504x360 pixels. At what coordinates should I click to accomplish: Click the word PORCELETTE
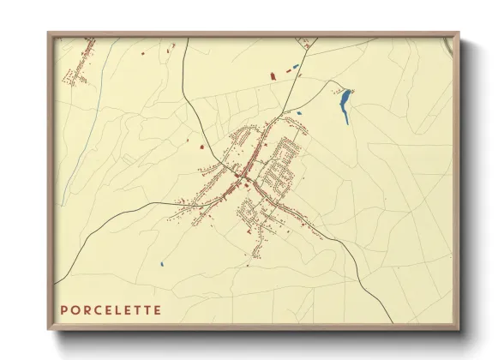[x=110, y=309]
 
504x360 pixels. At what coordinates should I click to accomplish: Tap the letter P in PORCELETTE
[x=63, y=309]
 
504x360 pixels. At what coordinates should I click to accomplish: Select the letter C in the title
[x=96, y=309]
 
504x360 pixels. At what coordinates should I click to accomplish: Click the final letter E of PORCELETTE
[x=156, y=309]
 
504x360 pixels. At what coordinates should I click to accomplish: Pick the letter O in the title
[x=74, y=309]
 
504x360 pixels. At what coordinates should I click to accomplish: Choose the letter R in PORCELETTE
[x=85, y=309]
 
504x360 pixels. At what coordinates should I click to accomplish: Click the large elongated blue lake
[x=345, y=106]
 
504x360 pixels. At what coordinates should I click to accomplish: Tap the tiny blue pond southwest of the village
[x=162, y=263]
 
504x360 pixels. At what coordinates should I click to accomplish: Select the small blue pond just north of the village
[x=299, y=112]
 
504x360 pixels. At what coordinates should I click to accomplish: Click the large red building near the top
[x=274, y=76]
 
